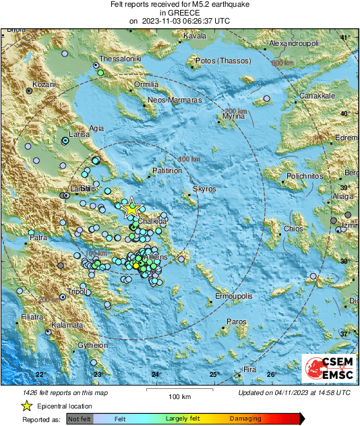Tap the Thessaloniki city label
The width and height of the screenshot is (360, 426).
(x=121, y=59)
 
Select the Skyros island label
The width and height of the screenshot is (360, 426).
(x=204, y=189)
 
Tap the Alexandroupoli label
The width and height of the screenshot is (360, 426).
(x=297, y=43)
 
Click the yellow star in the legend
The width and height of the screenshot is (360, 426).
(x=26, y=406)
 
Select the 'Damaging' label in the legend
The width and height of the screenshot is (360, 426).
(x=246, y=419)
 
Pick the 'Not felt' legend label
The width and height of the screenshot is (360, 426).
(x=79, y=419)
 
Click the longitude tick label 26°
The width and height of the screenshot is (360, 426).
(x=272, y=374)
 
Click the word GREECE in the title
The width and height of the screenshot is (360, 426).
(x=179, y=12)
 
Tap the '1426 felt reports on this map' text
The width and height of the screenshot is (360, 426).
(x=55, y=392)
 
